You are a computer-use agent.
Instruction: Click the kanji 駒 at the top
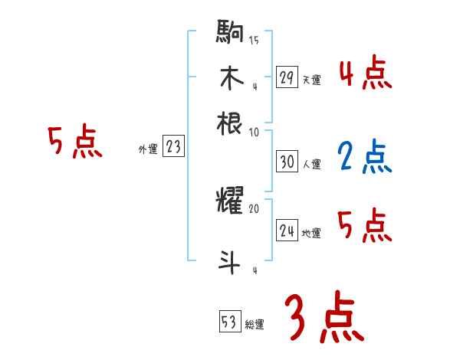click(230, 34)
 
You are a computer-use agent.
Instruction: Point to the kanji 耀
click(230, 202)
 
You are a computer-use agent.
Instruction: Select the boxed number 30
click(287, 162)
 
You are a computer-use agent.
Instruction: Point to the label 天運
click(311, 79)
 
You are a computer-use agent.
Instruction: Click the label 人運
click(311, 164)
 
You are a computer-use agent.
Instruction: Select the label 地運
click(311, 234)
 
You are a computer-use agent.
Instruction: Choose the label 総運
click(255, 324)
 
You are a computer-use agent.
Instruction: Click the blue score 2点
click(364, 157)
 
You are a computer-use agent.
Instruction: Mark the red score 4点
click(365, 75)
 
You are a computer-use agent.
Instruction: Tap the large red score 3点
click(322, 317)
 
